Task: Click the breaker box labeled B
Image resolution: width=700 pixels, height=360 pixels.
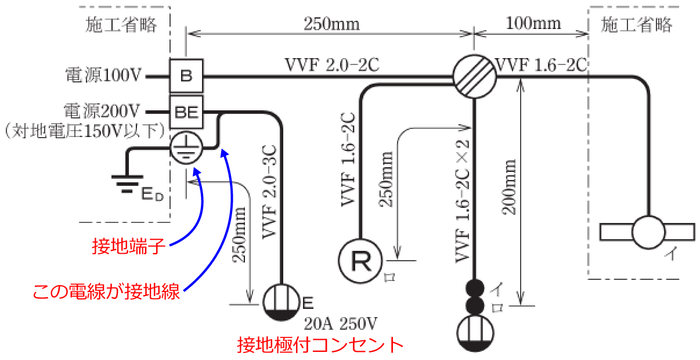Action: coord(186,75)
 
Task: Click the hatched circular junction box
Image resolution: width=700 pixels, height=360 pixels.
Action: coord(474,75)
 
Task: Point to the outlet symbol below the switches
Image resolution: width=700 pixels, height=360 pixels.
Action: coord(475,333)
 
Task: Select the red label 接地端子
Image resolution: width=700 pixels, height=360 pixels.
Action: coord(129,247)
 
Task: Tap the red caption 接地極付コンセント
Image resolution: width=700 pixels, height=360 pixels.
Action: coord(320,345)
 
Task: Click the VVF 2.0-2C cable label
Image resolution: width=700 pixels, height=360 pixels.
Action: coord(331,65)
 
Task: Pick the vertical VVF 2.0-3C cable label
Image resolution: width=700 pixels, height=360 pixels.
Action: coord(269,192)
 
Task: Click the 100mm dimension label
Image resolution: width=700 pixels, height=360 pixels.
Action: coord(533,23)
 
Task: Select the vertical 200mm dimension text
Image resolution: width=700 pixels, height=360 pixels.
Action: coord(511,186)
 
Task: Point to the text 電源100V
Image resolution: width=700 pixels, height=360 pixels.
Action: coord(104,75)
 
